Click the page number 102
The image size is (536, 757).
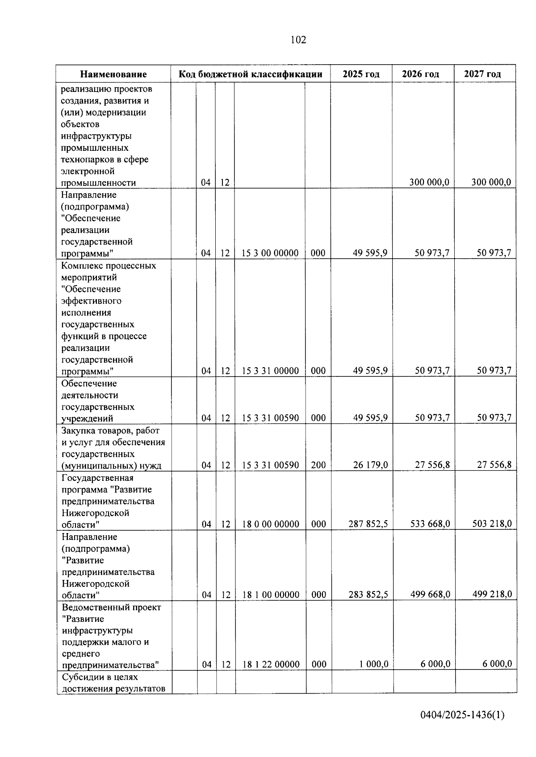(x=298, y=40)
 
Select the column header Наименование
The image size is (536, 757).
(x=113, y=74)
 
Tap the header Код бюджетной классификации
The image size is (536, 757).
(x=250, y=74)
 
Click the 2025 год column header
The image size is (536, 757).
(x=361, y=74)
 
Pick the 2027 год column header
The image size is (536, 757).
(x=482, y=74)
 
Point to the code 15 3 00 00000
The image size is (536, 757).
(x=270, y=253)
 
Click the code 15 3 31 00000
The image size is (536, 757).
(x=270, y=371)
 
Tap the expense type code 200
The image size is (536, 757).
(x=318, y=465)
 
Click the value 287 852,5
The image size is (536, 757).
(x=368, y=524)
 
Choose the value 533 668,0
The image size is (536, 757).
(x=430, y=524)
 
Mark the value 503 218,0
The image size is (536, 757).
(x=492, y=524)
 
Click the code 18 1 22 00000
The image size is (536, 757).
(x=271, y=664)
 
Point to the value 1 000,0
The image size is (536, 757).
(x=373, y=664)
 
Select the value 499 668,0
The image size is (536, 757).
(x=430, y=594)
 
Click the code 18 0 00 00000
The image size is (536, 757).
(x=271, y=524)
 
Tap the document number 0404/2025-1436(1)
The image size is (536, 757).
(x=462, y=715)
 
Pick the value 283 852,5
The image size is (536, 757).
(x=368, y=594)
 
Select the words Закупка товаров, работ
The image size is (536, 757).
(x=110, y=430)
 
